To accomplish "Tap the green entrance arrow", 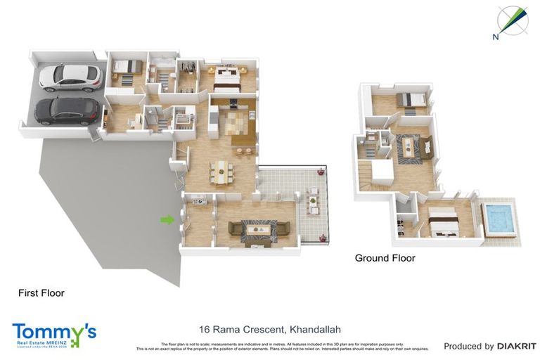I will [x=167, y=220].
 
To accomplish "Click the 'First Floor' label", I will [x=41, y=293].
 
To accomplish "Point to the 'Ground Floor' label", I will [x=385, y=258].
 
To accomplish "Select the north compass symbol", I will [x=512, y=22].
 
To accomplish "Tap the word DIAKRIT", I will [x=517, y=346].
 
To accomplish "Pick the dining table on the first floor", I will [x=221, y=171].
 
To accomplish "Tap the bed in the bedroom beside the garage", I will [x=124, y=69].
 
